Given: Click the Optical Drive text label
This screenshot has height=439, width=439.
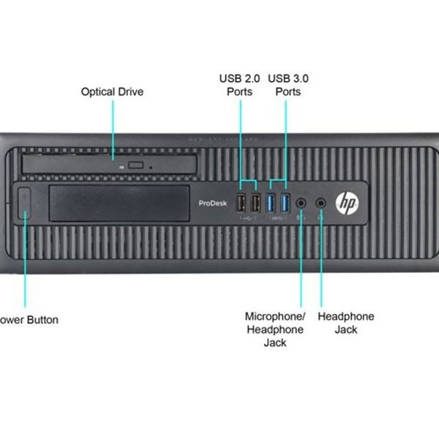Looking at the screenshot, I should [x=112, y=92].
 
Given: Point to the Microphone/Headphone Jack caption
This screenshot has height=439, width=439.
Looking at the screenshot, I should [x=274, y=329].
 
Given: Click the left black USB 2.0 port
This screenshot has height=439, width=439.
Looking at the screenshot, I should [x=241, y=203].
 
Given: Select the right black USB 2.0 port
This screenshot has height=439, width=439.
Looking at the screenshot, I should [x=255, y=203].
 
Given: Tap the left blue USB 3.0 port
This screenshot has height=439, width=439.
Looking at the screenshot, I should [x=271, y=203].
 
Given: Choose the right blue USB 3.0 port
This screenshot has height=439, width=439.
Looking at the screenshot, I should [x=285, y=203].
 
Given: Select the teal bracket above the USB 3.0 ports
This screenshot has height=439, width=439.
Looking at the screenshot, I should [x=277, y=180].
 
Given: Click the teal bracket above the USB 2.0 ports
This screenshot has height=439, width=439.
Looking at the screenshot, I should [x=247, y=180].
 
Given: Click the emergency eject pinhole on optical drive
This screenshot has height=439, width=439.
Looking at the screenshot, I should [x=150, y=167].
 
